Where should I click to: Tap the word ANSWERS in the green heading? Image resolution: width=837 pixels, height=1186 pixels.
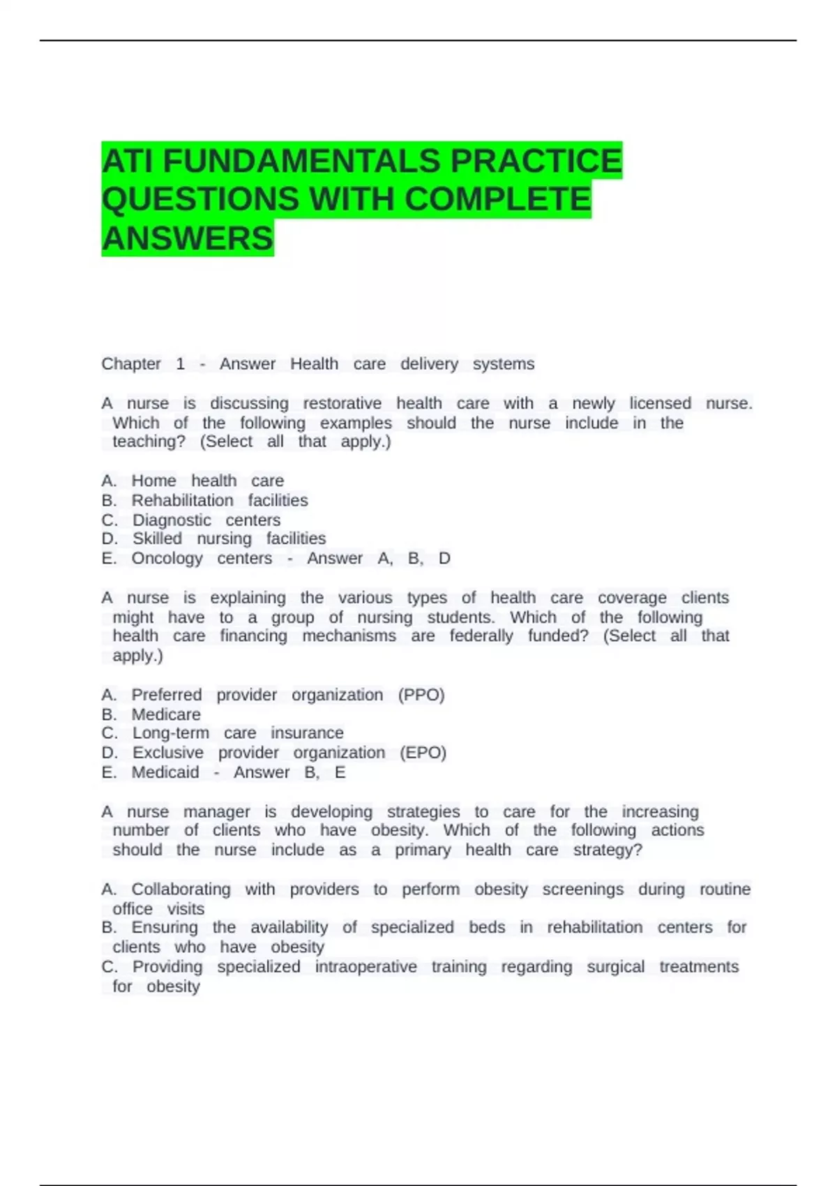[188, 239]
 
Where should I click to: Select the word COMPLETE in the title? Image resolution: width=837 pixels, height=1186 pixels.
[497, 200]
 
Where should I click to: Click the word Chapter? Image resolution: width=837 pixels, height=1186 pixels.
[131, 364]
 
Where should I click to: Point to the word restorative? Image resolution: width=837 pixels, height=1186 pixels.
[342, 403]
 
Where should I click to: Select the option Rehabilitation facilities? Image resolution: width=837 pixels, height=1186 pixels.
[219, 500]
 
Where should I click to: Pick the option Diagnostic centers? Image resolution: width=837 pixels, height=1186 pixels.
[206, 520]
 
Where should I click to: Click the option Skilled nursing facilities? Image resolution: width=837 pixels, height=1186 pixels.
[229, 539]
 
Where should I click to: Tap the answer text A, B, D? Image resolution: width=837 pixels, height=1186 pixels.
[414, 558]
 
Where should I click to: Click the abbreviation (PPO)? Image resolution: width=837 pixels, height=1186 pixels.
[421, 695]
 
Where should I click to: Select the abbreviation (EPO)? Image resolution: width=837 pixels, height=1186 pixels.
[423, 753]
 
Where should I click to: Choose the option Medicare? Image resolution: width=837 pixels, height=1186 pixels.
[166, 714]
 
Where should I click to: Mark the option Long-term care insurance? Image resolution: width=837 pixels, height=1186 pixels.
[237, 733]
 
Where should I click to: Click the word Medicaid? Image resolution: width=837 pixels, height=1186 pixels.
[165, 772]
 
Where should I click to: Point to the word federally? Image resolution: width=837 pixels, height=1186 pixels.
[481, 636]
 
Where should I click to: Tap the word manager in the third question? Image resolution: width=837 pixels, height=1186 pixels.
[216, 812]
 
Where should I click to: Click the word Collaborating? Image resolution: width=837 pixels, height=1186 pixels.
[181, 889]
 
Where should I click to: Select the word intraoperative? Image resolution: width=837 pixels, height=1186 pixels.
[365, 967]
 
